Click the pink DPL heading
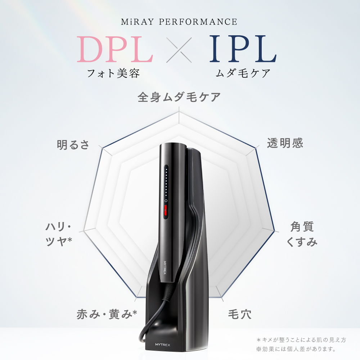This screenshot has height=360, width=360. click(115, 49)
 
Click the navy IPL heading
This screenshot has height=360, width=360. click(243, 49)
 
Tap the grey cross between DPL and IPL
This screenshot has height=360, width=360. click(179, 50)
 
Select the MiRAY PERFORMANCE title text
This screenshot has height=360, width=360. click(179, 22)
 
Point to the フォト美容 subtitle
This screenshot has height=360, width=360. click(113, 73)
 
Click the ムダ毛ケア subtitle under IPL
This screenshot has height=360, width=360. click(243, 73)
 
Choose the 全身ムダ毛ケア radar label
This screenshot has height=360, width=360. click(179, 97)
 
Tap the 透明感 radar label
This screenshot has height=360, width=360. click(285, 143)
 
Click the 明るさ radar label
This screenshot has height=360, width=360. click(73, 145)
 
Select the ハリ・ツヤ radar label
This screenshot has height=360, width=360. click(59, 234)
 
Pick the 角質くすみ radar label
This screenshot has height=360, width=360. click(302, 234)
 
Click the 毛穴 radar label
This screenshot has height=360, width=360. click(240, 314)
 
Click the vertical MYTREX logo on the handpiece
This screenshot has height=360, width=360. click(165, 267)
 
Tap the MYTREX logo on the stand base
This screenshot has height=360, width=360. click(163, 345)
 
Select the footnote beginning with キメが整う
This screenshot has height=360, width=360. click(301, 340)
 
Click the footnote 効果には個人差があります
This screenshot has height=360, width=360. click(296, 349)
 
